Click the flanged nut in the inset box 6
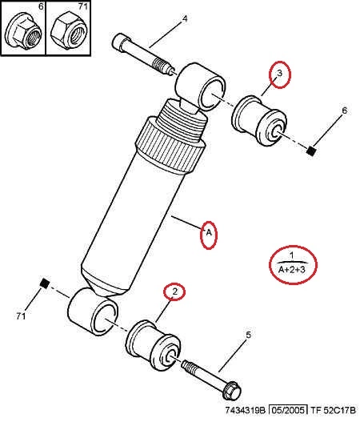tap(24, 31)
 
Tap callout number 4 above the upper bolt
tap(185, 18)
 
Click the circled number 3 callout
tap(280, 73)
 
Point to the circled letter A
tap(209, 232)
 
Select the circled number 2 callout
tap(175, 291)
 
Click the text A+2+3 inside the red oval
tap(291, 270)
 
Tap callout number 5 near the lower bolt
tap(249, 335)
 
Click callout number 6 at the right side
tap(344, 111)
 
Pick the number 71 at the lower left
tap(21, 316)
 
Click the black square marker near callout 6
tap(311, 151)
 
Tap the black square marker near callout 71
tap(45, 283)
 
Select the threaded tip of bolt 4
tap(162, 67)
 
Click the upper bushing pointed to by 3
tap(259, 121)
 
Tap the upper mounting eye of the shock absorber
tap(201, 86)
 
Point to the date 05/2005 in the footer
tap(288, 410)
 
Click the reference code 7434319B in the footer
tap(245, 410)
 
